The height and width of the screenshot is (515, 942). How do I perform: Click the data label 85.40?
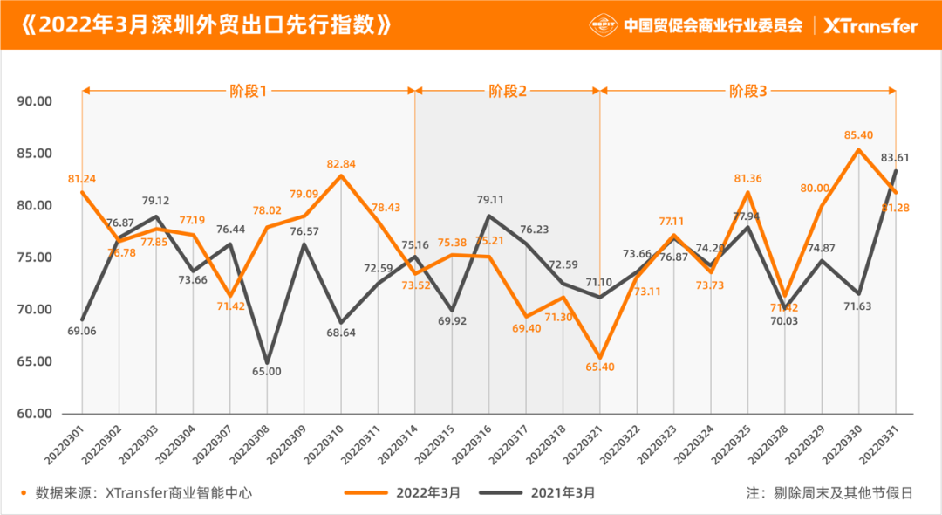pos(858,135)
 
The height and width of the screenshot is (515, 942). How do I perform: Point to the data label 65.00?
pos(267,371)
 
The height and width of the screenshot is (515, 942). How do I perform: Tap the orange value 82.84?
pos(341,163)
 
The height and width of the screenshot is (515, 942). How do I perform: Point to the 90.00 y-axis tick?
pos(35,101)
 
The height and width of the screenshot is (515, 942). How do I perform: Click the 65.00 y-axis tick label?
pos(35,361)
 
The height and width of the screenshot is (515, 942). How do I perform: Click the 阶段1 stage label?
pos(248,90)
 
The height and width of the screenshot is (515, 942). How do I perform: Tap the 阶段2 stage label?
pos(507,90)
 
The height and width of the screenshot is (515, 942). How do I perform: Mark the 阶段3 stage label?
pos(748,90)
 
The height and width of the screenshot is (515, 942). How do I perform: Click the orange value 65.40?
pos(599,367)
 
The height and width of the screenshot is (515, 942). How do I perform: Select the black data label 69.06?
pos(81,333)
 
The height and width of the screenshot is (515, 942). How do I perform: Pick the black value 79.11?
pos(488,199)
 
